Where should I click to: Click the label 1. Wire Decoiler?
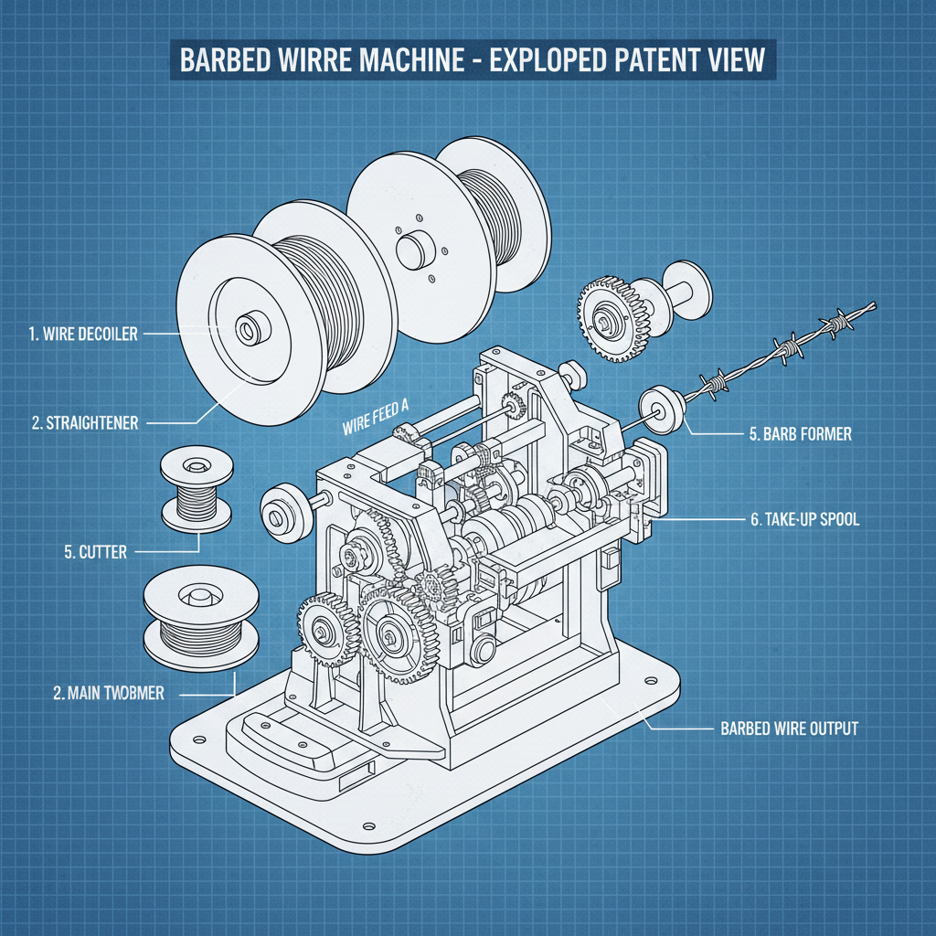82,334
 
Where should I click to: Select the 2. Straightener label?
84,422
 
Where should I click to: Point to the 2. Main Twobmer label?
109,693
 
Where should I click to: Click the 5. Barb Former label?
800,434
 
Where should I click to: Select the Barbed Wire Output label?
783,729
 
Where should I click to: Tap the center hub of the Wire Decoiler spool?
248,328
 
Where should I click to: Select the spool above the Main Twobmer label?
191,616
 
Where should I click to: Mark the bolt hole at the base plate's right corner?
650,682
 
